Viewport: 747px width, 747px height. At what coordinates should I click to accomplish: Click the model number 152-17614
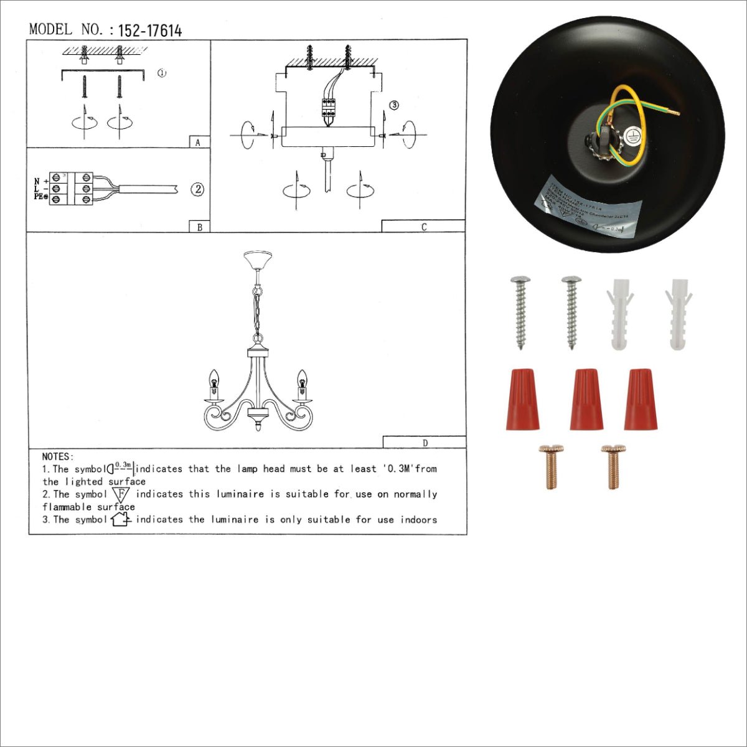(149, 31)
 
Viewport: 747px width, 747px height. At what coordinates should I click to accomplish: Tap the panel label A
(198, 143)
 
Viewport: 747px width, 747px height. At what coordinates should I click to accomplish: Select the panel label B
(199, 227)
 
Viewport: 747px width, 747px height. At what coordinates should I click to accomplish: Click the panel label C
(424, 227)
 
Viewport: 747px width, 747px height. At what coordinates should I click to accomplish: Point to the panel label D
(425, 443)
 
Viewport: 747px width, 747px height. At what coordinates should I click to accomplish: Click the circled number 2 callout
(197, 189)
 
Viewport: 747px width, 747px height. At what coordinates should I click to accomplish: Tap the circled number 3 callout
(394, 105)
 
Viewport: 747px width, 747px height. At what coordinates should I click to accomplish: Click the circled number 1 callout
(162, 73)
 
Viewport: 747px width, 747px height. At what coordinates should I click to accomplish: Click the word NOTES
(58, 457)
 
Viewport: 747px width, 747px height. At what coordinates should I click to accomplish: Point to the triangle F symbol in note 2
(121, 495)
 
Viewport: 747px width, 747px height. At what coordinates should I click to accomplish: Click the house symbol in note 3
(120, 519)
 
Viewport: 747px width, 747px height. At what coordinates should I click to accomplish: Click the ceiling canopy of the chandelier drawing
(258, 259)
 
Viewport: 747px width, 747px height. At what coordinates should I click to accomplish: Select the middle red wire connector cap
(586, 399)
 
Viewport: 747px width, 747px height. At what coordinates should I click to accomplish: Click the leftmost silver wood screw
(520, 311)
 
